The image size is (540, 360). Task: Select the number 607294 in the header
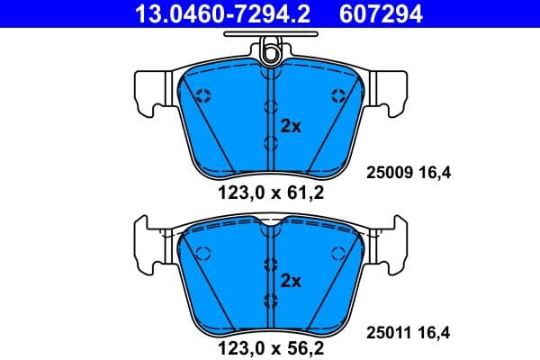[x=381, y=13]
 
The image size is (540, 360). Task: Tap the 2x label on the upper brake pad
[x=291, y=126]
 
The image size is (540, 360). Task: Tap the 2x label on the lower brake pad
[x=291, y=281]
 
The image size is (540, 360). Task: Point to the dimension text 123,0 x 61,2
[x=270, y=191]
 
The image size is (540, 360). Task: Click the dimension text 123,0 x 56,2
[x=270, y=342]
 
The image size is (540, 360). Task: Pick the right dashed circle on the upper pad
[x=337, y=96]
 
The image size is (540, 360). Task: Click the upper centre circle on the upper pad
[x=269, y=107]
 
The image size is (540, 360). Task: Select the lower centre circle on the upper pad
[x=269, y=142]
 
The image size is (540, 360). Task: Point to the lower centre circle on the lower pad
[x=269, y=300]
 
